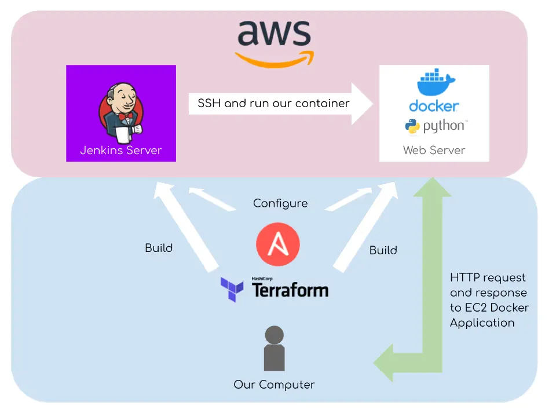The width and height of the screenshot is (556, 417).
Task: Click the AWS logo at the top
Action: click(275, 42)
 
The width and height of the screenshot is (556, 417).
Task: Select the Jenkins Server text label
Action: click(120, 151)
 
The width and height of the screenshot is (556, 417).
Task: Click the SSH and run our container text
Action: click(273, 104)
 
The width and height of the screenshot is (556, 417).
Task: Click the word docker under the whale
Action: click(434, 106)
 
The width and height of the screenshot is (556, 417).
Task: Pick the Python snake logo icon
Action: click(412, 126)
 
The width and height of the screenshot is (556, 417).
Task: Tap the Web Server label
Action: click(434, 150)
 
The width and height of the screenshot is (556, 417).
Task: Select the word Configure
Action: click(280, 203)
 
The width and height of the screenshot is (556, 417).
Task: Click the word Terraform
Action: click(290, 290)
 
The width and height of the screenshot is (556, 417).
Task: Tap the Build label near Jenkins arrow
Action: click(159, 248)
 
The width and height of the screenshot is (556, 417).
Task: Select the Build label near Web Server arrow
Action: click(383, 250)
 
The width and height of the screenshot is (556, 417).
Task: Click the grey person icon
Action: click(275, 348)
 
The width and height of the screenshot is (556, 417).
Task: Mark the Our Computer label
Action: click(275, 385)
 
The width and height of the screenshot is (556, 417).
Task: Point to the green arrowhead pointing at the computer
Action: click(383, 363)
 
